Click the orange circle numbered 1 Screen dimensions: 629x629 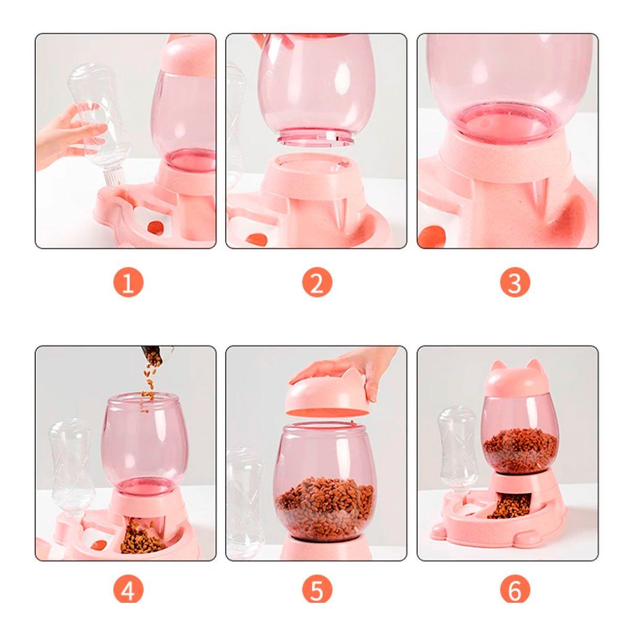(x=128, y=284)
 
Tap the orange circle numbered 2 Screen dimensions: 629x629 (x=317, y=284)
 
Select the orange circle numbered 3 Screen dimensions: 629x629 (x=514, y=284)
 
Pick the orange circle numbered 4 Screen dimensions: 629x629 (x=128, y=591)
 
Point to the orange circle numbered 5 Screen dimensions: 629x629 (x=317, y=591)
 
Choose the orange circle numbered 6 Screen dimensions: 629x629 (x=514, y=591)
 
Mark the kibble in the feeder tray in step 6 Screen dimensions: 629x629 (x=509, y=505)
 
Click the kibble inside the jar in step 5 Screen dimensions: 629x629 (x=325, y=506)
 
